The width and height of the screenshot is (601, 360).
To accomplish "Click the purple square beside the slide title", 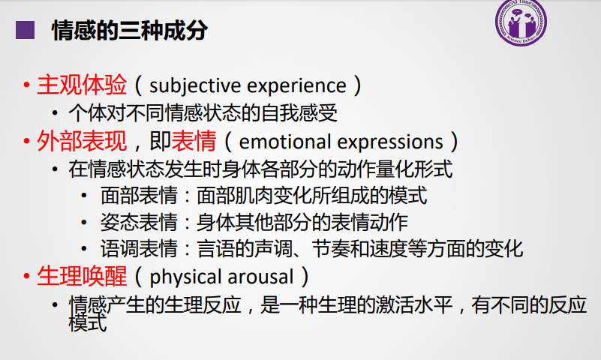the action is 25,30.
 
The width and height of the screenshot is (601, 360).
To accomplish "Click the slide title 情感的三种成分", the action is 130,30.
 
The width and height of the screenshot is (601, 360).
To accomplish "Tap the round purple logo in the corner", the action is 521,22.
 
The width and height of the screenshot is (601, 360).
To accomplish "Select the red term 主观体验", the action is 82,85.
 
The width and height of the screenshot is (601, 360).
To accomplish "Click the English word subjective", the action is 195,85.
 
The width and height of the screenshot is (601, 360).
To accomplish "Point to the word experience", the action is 296,86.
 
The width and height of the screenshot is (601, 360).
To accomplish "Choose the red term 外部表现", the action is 82,141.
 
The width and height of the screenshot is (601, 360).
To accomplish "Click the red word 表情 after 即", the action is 194,141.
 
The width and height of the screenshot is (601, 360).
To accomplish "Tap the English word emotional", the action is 285,142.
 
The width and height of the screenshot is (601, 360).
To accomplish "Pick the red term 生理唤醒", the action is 82,276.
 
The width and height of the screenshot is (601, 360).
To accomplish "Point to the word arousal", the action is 260,277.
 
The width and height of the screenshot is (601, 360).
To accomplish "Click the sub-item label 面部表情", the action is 139,196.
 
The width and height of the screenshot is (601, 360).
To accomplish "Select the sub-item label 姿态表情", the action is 139,222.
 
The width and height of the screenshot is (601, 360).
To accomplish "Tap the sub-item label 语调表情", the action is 139,248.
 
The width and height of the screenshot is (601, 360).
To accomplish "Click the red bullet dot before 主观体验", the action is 26,85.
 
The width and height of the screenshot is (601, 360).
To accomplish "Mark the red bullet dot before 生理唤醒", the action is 26,276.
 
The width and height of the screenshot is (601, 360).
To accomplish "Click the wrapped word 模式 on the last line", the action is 87,322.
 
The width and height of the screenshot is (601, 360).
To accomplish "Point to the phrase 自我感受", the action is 299,113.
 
